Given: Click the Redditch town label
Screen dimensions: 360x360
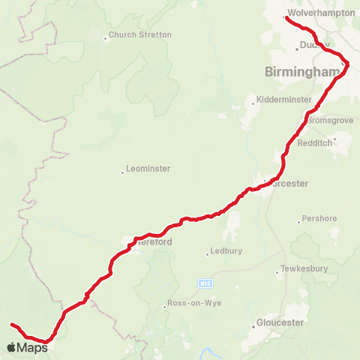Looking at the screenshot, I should point(313,142).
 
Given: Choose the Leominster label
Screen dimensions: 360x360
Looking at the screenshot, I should point(149,169).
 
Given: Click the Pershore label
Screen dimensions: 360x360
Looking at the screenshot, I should point(316,220).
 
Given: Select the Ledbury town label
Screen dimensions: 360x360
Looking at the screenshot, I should point(226,251).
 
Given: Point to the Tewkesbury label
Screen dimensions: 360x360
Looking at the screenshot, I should point(301,268).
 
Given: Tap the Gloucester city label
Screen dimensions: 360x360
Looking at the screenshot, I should point(279,322).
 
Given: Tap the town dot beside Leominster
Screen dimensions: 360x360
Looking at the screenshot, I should point(123,172).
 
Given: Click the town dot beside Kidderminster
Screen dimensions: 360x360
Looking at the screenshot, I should point(254,103).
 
